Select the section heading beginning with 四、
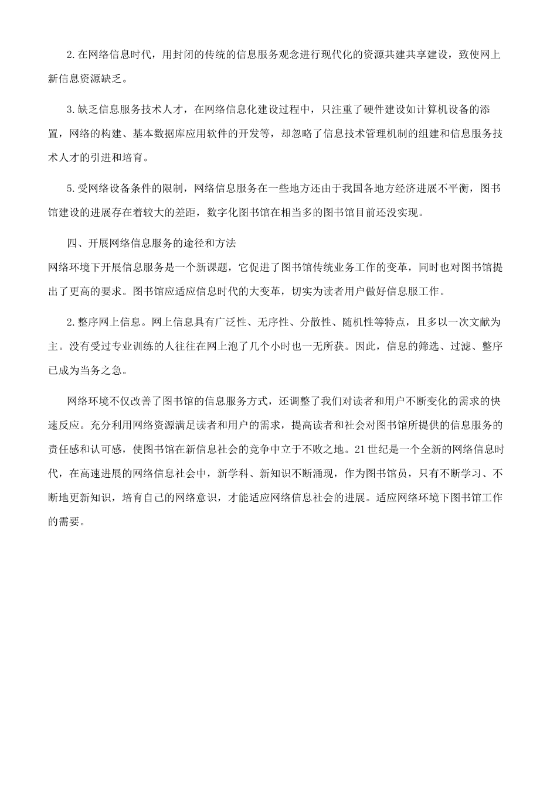point(151,242)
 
